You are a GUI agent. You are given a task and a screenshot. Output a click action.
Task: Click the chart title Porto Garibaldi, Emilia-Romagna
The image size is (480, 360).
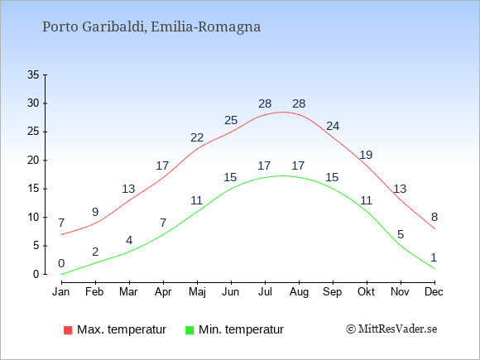(x=151, y=27)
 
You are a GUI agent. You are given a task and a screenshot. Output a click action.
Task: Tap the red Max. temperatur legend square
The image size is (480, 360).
(x=68, y=330)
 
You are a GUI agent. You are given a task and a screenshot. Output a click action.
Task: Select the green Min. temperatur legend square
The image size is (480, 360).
(x=190, y=330)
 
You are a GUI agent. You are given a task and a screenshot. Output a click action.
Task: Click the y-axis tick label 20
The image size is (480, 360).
(x=33, y=160)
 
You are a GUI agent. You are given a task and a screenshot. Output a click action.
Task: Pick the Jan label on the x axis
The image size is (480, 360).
(x=61, y=292)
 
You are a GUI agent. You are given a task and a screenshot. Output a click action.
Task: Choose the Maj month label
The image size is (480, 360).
(x=197, y=292)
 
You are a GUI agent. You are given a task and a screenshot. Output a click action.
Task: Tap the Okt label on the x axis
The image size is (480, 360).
(x=366, y=292)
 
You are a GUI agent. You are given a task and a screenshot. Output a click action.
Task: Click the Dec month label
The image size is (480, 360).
(x=434, y=292)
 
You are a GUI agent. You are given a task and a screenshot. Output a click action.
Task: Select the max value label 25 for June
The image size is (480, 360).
(x=231, y=120)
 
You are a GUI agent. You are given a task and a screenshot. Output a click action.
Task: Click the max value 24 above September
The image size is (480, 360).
(x=333, y=126)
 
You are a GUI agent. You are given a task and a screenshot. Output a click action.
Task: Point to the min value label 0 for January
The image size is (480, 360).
(x=61, y=263)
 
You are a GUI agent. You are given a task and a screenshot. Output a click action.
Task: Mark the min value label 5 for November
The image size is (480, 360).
(x=401, y=235)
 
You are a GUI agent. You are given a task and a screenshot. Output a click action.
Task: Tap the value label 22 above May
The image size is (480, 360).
(x=197, y=137)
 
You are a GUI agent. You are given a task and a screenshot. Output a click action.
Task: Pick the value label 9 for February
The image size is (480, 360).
(x=95, y=212)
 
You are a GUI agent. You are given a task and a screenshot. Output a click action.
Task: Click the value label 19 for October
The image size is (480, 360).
(x=366, y=155)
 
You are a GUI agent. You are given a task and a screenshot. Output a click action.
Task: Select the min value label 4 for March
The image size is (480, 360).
(x=129, y=240)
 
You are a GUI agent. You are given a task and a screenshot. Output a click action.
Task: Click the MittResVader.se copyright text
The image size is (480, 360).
(x=391, y=329)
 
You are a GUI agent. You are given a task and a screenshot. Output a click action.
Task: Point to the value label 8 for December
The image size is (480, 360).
(x=434, y=218)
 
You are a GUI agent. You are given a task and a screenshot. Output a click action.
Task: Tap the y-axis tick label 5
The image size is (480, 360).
(x=36, y=246)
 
